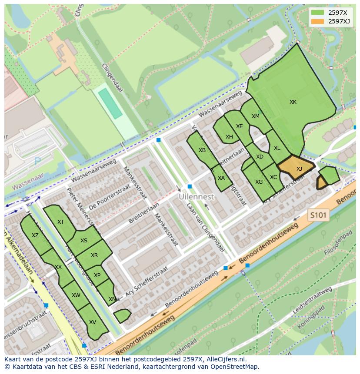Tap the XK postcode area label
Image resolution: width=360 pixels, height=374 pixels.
293,102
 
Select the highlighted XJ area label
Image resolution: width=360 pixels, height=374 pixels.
299,169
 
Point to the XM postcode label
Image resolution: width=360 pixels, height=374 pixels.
255,116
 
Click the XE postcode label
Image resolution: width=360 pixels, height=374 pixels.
240,126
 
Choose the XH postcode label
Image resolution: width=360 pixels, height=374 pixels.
229,137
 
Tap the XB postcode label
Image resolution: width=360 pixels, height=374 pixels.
202,150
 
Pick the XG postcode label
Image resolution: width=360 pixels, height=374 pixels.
259,182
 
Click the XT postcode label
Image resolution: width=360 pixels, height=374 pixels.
60,222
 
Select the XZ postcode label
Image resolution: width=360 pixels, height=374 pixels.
35,235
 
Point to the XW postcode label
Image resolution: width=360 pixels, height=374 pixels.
76,295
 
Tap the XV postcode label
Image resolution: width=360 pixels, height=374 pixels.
92,322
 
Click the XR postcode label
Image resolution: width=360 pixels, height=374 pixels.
94,255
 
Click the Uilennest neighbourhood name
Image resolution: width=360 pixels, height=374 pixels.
197,197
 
